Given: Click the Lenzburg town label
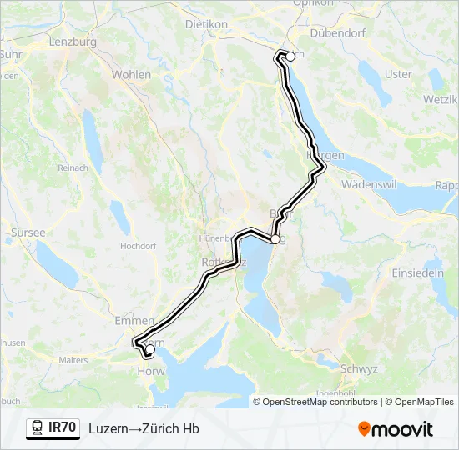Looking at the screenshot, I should tap(73, 42).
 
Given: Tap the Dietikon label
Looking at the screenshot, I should tap(206, 25).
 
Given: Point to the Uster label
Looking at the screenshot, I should tap(398, 74).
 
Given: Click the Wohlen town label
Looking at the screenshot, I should tap(131, 75).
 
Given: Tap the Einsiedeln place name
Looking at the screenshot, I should tap(419, 273).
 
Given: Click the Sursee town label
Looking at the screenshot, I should tap(28, 232).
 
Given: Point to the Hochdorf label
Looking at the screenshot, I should tap(139, 247).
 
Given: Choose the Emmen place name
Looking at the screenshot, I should tap(134, 320).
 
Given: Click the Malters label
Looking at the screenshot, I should tap(74, 360).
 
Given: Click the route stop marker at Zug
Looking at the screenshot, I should tap(275, 239).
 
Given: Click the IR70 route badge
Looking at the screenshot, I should tap(53, 428).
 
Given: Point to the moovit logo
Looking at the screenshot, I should tap(396, 429).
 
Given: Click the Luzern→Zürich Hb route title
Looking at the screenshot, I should tap(144, 428).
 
